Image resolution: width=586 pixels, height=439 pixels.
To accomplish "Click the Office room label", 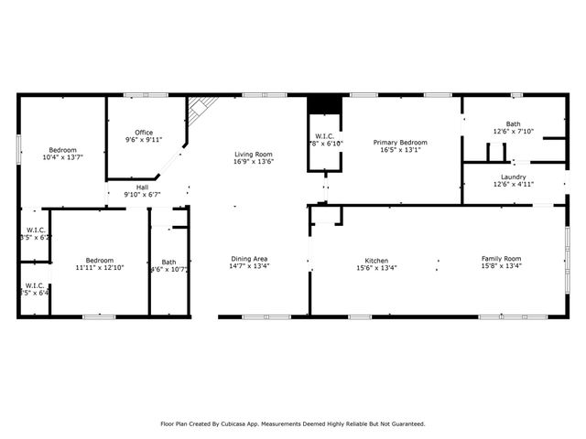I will pyautogui.click(x=144, y=133).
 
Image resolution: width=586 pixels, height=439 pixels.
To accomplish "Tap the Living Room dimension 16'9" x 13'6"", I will pyautogui.click(x=255, y=161).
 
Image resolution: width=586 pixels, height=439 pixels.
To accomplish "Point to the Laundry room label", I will pyautogui.click(x=513, y=177).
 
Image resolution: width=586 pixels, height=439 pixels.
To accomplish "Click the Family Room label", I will pyautogui.click(x=501, y=259).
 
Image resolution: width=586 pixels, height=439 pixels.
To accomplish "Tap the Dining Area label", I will pyautogui.click(x=249, y=259).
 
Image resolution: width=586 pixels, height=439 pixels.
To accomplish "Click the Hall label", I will pyautogui.click(x=143, y=187).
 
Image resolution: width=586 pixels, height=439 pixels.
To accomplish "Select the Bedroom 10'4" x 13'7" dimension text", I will pyautogui.click(x=62, y=157).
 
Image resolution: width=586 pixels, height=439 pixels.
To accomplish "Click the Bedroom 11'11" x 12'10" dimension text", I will pyautogui.click(x=99, y=267).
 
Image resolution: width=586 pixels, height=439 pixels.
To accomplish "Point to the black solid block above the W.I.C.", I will pyautogui.click(x=324, y=104).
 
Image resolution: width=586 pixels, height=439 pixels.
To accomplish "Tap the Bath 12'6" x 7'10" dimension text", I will pyautogui.click(x=513, y=131).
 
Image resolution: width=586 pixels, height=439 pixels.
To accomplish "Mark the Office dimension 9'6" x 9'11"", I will pyautogui.click(x=144, y=141).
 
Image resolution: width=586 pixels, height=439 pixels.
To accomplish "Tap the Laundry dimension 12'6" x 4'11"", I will pyautogui.click(x=513, y=185).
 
